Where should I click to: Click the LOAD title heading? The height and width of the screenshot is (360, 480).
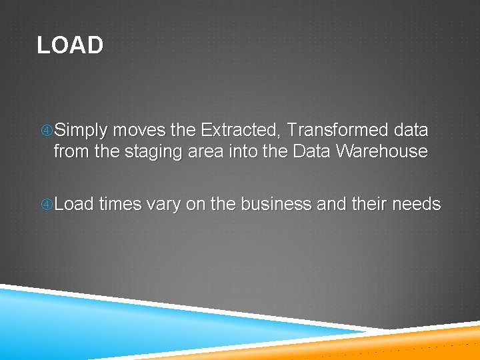(70, 45)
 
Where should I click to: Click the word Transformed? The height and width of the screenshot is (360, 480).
(329, 130)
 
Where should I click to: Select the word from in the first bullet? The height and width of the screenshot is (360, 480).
(71, 151)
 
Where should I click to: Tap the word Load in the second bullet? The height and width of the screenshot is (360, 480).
(74, 204)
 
